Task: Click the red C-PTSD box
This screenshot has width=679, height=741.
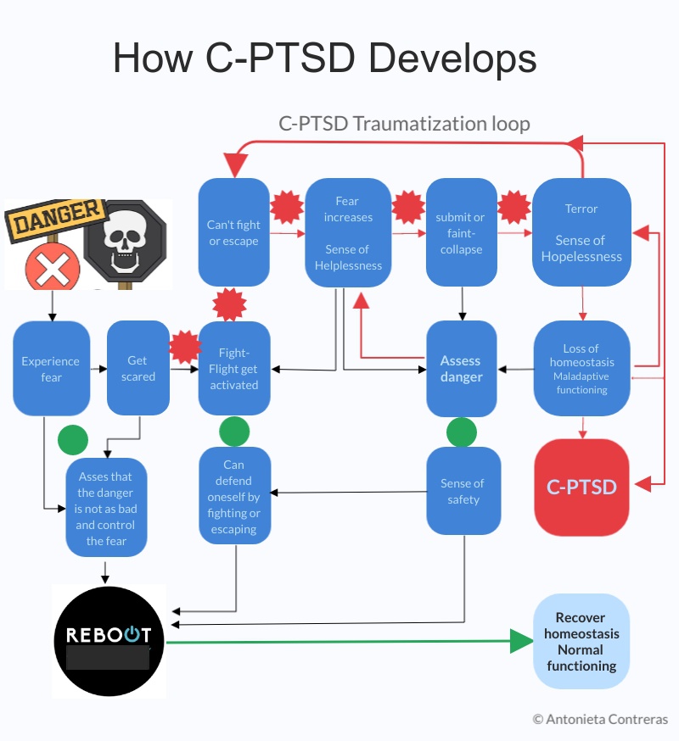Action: coord(581,487)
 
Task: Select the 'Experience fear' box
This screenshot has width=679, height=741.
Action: coord(52,368)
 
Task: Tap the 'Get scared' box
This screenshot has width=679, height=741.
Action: coord(138,368)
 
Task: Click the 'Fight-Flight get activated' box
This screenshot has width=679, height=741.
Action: coord(234,368)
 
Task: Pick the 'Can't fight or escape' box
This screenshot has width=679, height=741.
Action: coord(234,232)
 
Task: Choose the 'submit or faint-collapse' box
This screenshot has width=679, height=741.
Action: coord(461,232)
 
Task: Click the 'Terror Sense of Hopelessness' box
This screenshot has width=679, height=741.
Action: coord(581,232)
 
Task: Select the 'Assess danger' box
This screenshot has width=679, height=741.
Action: coord(461,368)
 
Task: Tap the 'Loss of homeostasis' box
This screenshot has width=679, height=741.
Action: coord(581,368)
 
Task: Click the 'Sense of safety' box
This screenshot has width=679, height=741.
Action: coord(463,491)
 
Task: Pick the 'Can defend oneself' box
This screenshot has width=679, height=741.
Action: coord(234,495)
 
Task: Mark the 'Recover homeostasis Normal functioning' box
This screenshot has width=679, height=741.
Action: coord(581,641)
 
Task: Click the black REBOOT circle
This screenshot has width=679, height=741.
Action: coord(109,641)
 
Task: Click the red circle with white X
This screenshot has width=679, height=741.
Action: coord(53,269)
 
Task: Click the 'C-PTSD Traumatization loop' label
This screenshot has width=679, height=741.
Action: coord(404,124)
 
